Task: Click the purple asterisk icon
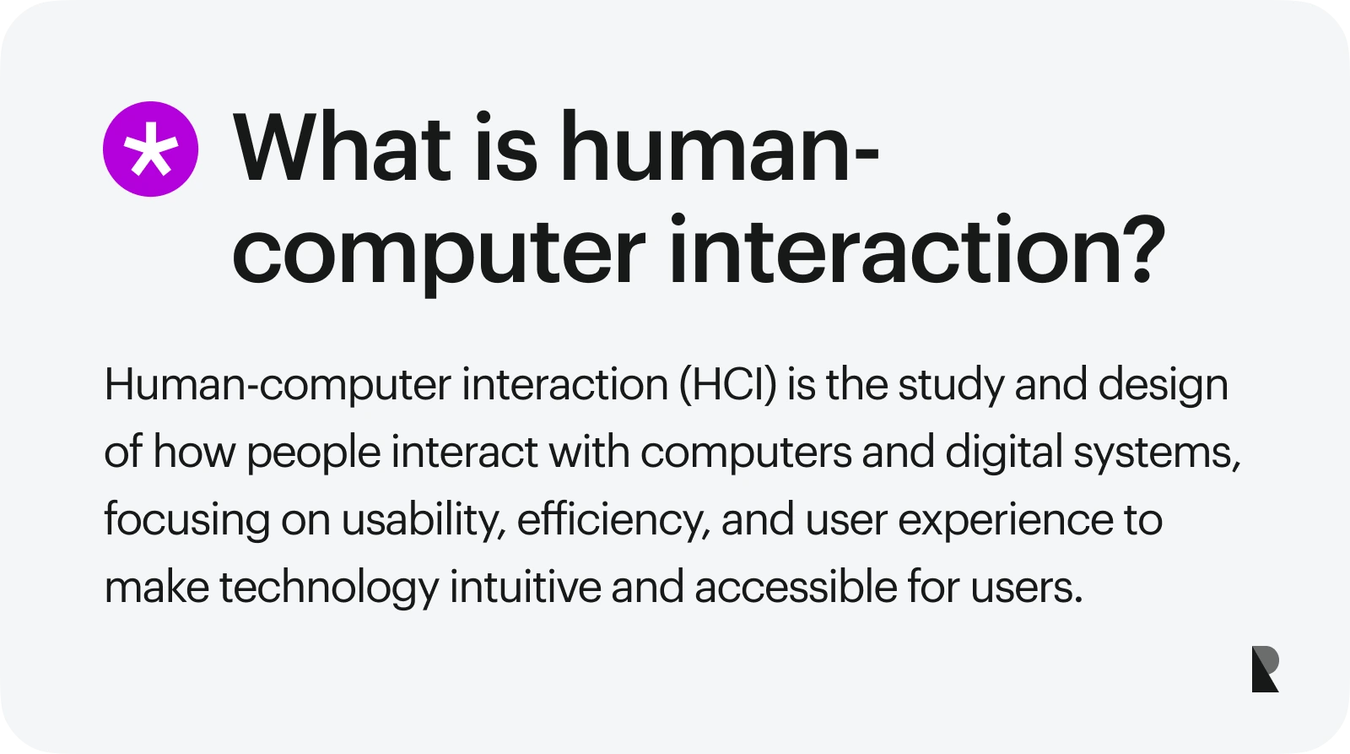150,149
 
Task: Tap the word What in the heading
342,149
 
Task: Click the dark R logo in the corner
1265,670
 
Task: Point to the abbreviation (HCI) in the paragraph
728,385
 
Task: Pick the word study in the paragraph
951,385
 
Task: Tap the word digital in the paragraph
1003,453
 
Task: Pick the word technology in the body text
329,588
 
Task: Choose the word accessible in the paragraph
796,588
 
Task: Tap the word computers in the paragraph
746,453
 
